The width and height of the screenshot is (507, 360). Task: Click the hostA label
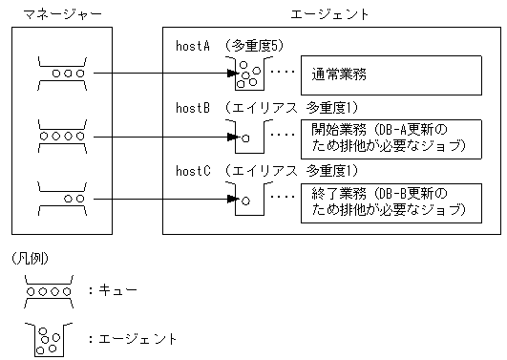tap(195, 45)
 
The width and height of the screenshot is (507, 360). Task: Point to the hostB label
tap(195, 107)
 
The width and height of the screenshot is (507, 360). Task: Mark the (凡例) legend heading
tap(29, 259)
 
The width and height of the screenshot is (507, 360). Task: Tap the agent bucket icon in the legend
tap(46, 337)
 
